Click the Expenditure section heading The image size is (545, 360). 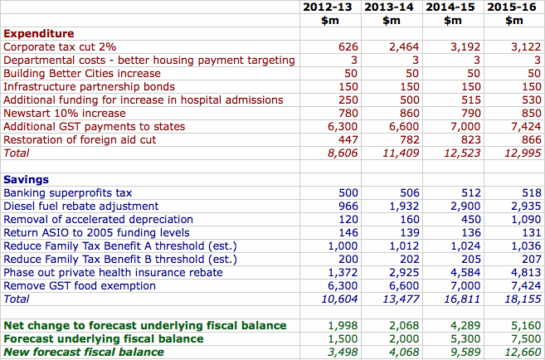pyautogui.click(x=39, y=34)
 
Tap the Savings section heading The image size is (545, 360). pyautogui.click(x=27, y=180)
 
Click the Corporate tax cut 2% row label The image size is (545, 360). pyautogui.click(x=61, y=47)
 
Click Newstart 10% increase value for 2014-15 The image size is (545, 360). pyautogui.click(x=470, y=114)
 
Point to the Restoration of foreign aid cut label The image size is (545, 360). pyautogui.click(x=80, y=140)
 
